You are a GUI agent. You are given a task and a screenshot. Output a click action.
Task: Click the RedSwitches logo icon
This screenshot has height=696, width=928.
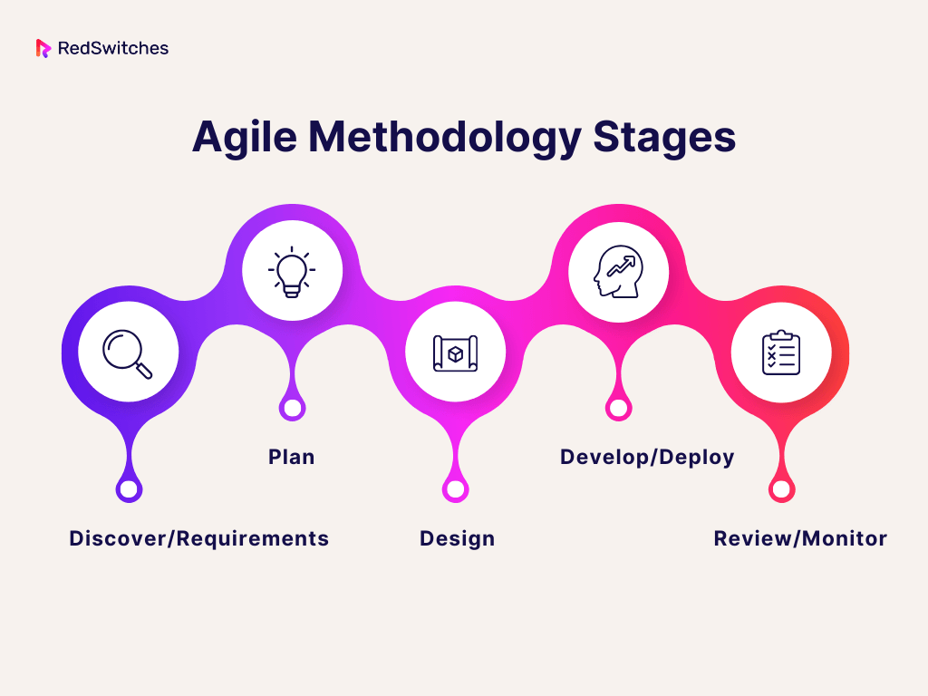(x=43, y=48)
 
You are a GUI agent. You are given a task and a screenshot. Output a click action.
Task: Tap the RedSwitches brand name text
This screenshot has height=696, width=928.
(x=112, y=48)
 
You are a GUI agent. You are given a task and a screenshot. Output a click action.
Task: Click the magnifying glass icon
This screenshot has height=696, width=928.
(x=128, y=353)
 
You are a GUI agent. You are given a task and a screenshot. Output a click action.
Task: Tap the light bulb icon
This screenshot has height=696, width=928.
(x=292, y=271)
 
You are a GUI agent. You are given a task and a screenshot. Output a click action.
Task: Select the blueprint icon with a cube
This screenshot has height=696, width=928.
(x=455, y=353)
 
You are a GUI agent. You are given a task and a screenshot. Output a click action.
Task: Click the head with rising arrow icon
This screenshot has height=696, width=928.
(x=618, y=271)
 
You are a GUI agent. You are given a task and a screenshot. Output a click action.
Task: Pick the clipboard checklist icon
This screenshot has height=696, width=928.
(x=780, y=353)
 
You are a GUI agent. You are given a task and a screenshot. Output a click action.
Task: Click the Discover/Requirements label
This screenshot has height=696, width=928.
(x=198, y=538)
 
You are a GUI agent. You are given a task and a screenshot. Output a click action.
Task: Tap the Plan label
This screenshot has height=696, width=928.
(x=292, y=457)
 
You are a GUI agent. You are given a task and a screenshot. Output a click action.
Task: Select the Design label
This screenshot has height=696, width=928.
(x=457, y=538)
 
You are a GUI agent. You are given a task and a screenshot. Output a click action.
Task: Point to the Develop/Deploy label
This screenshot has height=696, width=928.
(x=646, y=457)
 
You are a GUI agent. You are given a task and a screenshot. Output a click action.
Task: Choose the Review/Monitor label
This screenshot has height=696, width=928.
(x=799, y=538)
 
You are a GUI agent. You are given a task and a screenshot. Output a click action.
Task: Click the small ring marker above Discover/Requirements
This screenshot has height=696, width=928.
(x=129, y=489)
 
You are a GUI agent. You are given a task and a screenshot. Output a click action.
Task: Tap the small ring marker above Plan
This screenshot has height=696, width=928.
(x=292, y=409)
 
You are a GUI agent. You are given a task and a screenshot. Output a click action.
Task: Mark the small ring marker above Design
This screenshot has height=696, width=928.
(x=455, y=489)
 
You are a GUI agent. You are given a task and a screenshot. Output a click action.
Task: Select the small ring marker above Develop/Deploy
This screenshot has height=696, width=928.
(x=618, y=409)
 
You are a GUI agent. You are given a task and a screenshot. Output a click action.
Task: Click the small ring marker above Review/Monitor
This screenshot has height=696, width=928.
(x=781, y=489)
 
